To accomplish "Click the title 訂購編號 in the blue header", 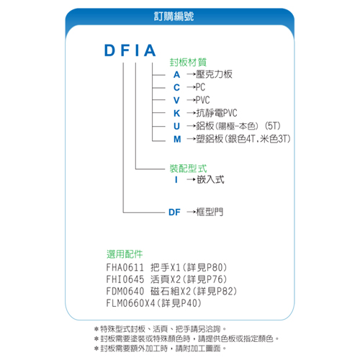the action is coord(174,17).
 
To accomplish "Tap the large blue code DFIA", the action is coord(130,50).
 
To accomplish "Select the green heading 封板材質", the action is coord(188,63).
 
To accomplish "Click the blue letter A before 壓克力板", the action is coord(176,75).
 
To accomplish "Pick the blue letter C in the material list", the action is coord(176,88).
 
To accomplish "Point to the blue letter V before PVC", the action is coord(176,100).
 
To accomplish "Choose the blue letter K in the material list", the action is coord(177,113).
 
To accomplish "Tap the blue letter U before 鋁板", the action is coord(176,126).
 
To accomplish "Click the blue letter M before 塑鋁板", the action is coord(177,139).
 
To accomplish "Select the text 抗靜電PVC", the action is coord(217,113).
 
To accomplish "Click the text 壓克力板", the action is coord(214,74).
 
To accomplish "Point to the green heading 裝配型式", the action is coord(188,168).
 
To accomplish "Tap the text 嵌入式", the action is coord(210,179).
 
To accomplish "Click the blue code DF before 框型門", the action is coord(174,212).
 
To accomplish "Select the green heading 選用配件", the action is coord(125,254).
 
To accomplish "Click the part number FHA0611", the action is coord(125,267).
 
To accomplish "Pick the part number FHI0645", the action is coord(125,279).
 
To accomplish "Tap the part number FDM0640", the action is coord(125,292).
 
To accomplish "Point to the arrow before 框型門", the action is coord(191,212).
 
